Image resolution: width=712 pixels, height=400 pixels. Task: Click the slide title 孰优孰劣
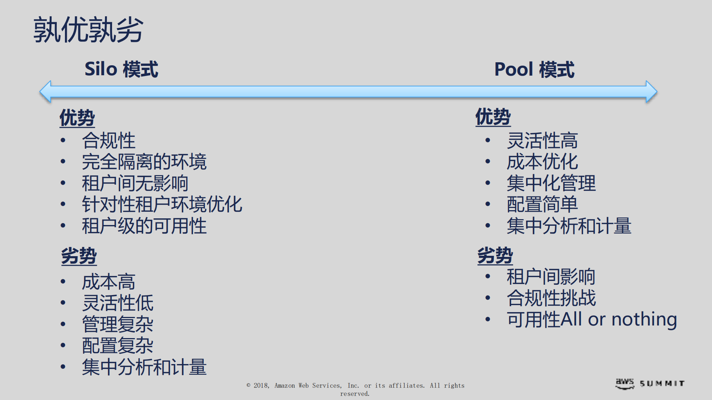[x=88, y=30]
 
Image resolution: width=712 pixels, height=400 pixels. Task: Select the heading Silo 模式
[x=121, y=69]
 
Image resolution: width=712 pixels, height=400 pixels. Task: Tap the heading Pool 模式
[x=534, y=70]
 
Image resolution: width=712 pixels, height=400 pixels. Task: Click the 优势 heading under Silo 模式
[x=77, y=118]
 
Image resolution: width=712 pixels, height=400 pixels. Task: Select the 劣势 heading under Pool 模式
[x=495, y=255]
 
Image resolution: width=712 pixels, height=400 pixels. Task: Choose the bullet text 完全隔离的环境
[x=144, y=162]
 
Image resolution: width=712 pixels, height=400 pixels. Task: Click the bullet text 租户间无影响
[x=135, y=184]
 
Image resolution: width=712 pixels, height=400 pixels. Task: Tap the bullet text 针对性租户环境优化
[x=162, y=205]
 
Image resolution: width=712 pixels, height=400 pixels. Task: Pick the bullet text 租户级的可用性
[x=144, y=226]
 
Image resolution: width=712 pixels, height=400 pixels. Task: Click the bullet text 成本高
[x=108, y=282]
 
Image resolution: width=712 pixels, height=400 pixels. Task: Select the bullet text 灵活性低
[x=118, y=303]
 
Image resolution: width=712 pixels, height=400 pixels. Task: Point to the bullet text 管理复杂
[x=118, y=324]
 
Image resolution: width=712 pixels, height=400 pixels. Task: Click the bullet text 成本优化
[x=542, y=162]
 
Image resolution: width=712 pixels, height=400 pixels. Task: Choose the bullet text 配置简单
[x=542, y=205]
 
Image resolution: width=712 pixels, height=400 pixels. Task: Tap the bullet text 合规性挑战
[x=551, y=298]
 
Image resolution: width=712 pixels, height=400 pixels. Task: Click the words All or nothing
[x=619, y=319]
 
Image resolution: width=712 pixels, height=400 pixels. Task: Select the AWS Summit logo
[x=650, y=383]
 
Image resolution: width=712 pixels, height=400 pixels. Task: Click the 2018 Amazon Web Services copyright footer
[x=355, y=389]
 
